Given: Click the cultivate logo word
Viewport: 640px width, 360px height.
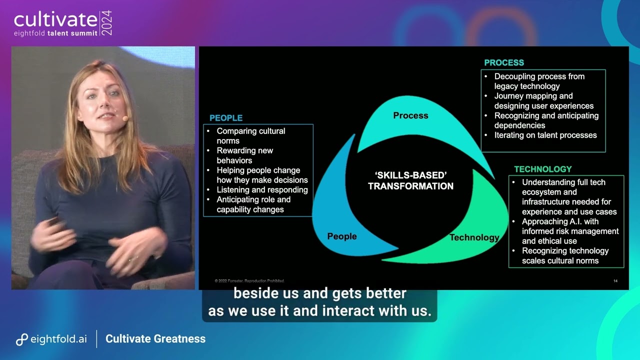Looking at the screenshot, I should click(55, 19).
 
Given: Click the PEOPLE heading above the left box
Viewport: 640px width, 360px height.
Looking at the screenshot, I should click(226, 118).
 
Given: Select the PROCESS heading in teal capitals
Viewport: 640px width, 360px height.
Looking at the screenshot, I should click(503, 62).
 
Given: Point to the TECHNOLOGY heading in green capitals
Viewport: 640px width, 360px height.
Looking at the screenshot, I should click(542, 169).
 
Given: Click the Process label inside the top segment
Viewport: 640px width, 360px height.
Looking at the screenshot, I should click(410, 115).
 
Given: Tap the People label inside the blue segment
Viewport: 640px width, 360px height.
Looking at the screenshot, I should click(342, 236).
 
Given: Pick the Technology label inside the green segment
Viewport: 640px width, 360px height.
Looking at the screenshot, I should click(474, 237).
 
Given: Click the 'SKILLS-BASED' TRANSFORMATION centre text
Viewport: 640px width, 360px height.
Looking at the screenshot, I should click(410, 180).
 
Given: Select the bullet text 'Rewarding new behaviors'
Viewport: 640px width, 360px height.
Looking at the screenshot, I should click(245, 155).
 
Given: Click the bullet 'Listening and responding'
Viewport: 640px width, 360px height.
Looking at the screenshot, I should click(262, 190).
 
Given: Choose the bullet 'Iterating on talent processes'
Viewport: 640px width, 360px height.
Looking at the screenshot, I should click(545, 135).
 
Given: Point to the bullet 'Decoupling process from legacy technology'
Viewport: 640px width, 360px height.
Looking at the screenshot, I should click(539, 81).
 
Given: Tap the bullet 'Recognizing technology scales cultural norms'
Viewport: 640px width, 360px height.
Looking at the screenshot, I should click(565, 255).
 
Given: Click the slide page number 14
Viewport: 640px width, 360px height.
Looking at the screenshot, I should click(615, 281).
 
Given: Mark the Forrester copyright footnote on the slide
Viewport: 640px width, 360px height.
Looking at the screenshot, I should click(249, 281).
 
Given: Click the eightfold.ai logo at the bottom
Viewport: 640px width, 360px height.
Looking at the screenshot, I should click(51, 339).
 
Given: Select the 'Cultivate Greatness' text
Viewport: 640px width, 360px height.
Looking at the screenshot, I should click(155, 339).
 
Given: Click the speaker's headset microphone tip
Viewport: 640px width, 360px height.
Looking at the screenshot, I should click(125, 118).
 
